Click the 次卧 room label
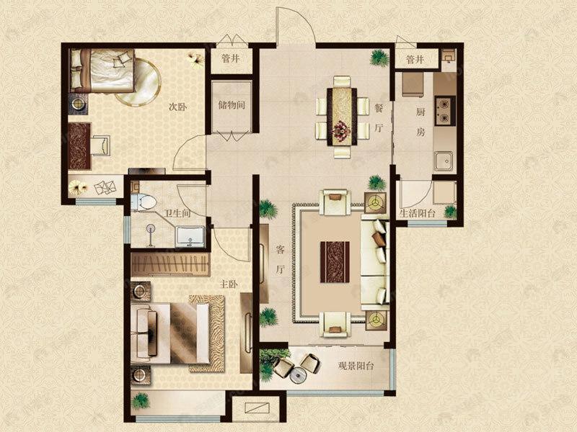pyautogui.click(x=177, y=107)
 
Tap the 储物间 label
pyautogui.click(x=232, y=105)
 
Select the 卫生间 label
pyautogui.click(x=177, y=213)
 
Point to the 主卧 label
pyautogui.click(x=229, y=284)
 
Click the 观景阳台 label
pyautogui.click(x=356, y=366)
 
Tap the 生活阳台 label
pyautogui.click(x=418, y=213)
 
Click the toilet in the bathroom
pyautogui.click(x=144, y=202)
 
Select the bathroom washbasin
pyautogui.click(x=190, y=237)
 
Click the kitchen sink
pyautogui.click(x=444, y=161)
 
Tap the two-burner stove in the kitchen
pyautogui.click(x=445, y=111)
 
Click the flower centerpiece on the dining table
pyautogui.click(x=342, y=130)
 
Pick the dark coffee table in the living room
pyautogui.click(x=335, y=262)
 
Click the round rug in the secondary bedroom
pyautogui.click(x=138, y=82)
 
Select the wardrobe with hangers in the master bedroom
pyautogui.click(x=170, y=264)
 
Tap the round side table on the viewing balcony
pyautogui.click(x=298, y=375)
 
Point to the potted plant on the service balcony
pyautogui.click(x=450, y=212)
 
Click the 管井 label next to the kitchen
pyautogui.click(x=415, y=59)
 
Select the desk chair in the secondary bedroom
pyautogui.click(x=100, y=145)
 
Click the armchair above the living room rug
pyautogui.click(x=335, y=202)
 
